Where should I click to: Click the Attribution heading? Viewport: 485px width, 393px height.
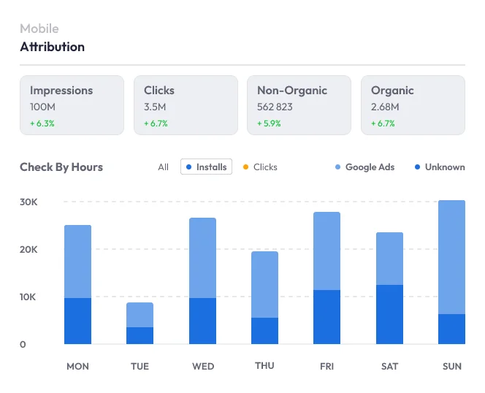(x=52, y=47)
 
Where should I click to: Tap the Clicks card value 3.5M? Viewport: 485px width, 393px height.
(x=155, y=107)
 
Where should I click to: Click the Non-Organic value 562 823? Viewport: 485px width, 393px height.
(x=275, y=107)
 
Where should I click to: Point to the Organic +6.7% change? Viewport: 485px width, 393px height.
(x=383, y=123)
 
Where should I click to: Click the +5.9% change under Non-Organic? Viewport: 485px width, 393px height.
(x=269, y=123)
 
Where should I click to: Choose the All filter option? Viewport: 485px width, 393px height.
(x=163, y=167)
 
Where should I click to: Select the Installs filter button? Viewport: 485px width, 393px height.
(x=206, y=167)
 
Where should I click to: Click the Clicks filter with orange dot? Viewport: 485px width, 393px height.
(x=261, y=167)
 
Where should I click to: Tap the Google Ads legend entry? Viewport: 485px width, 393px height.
(x=364, y=167)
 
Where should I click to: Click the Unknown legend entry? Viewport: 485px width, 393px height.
(x=440, y=167)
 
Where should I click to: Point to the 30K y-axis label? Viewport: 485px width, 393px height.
(x=28, y=202)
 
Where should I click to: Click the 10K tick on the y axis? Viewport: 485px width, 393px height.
(x=28, y=297)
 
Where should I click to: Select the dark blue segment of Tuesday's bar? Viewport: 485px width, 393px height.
(x=140, y=335)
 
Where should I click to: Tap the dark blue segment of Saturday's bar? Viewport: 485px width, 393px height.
(x=389, y=314)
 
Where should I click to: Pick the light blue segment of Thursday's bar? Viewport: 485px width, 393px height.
(x=264, y=284)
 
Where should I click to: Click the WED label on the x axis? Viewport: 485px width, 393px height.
(x=202, y=366)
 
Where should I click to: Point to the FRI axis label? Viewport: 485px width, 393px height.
(x=327, y=366)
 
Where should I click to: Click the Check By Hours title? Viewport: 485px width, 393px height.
(x=61, y=167)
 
